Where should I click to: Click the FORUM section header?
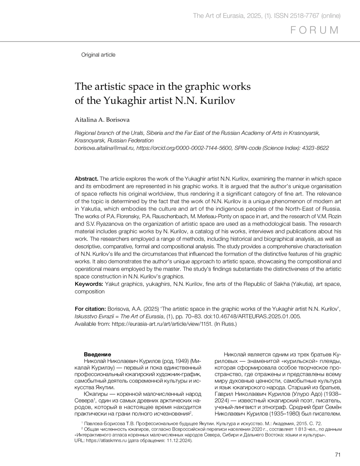pos(315,30)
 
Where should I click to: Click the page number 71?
pos(338,455)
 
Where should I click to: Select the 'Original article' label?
pos(98,55)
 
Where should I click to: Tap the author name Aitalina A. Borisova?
pos(102,120)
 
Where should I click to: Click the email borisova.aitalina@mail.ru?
pos(104,148)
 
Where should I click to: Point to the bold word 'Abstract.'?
pos(86,179)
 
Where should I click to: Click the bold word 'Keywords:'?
pos(89,284)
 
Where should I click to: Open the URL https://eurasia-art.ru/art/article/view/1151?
pos(162,324)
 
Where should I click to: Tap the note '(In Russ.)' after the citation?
pos(226,324)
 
